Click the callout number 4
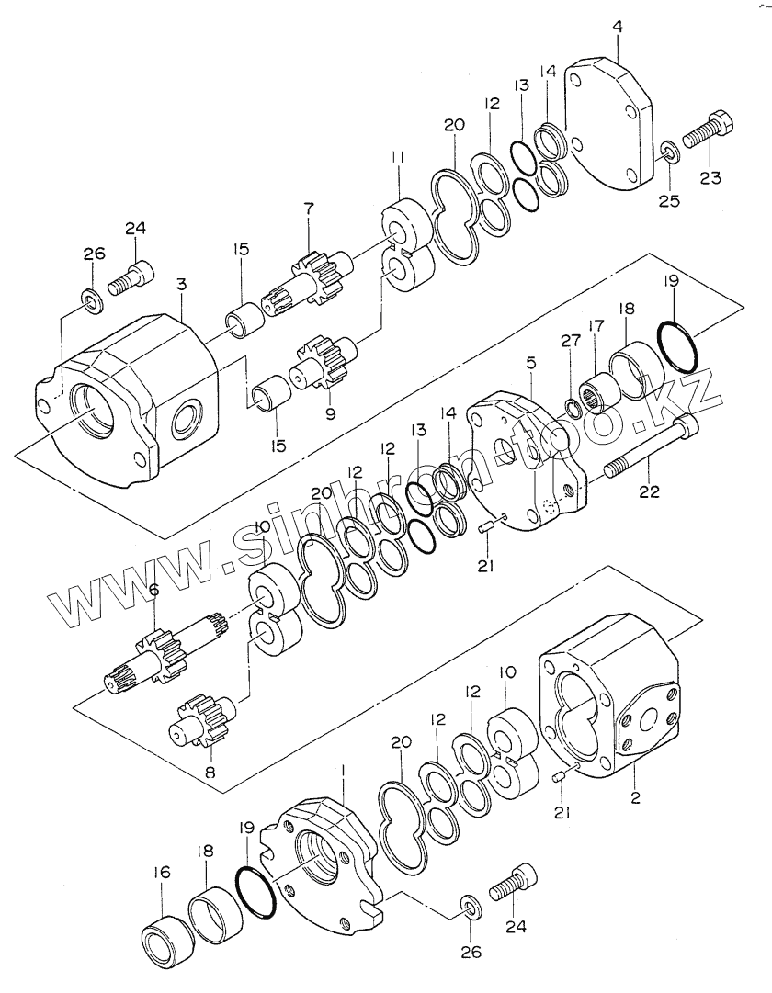(618, 28)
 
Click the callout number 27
(571, 341)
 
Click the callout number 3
(181, 285)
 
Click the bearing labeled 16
(167, 942)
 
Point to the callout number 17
(596, 327)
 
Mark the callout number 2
(635, 797)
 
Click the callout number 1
(343, 770)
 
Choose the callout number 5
(531, 363)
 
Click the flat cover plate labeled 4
(609, 124)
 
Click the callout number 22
(650, 491)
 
